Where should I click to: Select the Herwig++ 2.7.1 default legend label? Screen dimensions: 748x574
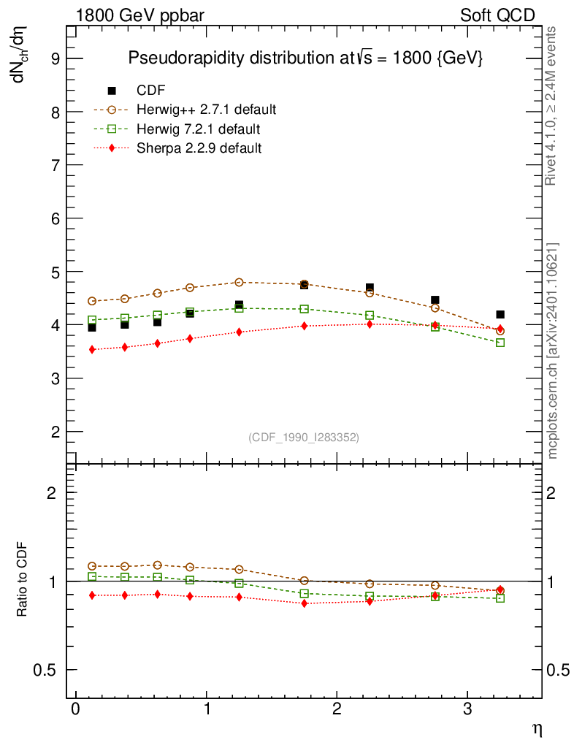click(x=206, y=110)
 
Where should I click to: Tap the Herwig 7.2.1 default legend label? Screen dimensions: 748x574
click(x=199, y=129)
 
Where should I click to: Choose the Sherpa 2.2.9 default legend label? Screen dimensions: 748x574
click(x=199, y=148)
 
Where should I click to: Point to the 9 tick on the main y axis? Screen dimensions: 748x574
click(x=54, y=58)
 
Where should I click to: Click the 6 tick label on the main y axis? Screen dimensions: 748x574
click(x=54, y=218)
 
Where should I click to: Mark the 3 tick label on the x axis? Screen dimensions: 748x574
click(x=467, y=709)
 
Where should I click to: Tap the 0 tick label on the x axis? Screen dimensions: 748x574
click(x=75, y=709)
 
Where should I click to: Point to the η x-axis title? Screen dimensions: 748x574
click(x=535, y=728)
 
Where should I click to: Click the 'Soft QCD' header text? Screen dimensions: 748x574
click(x=498, y=15)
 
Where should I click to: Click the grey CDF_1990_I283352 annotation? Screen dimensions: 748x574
click(x=304, y=437)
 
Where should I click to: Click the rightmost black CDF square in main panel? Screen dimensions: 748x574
click(x=500, y=315)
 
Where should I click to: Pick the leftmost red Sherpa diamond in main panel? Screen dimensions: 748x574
click(x=92, y=350)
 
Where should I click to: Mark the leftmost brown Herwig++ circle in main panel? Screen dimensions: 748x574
click(x=92, y=301)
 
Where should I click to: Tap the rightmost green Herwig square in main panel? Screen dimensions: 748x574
click(x=500, y=343)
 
